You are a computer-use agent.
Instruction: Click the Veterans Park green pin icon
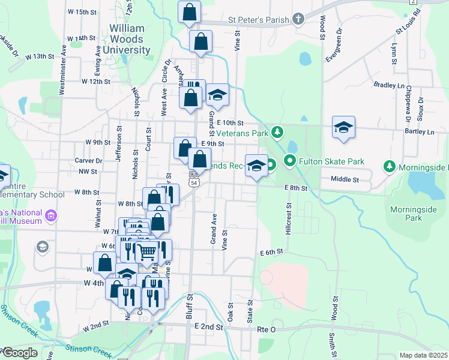[x=277, y=131]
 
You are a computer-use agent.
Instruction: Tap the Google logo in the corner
[x=20, y=353]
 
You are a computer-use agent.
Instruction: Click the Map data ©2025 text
[x=424, y=355]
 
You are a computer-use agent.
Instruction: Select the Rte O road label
[x=265, y=329]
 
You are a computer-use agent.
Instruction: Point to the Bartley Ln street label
[x=419, y=131]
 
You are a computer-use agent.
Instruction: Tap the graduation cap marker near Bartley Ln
[x=344, y=127]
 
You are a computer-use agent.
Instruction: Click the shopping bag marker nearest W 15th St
[x=189, y=12]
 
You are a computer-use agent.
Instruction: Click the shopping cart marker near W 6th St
[x=148, y=250]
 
